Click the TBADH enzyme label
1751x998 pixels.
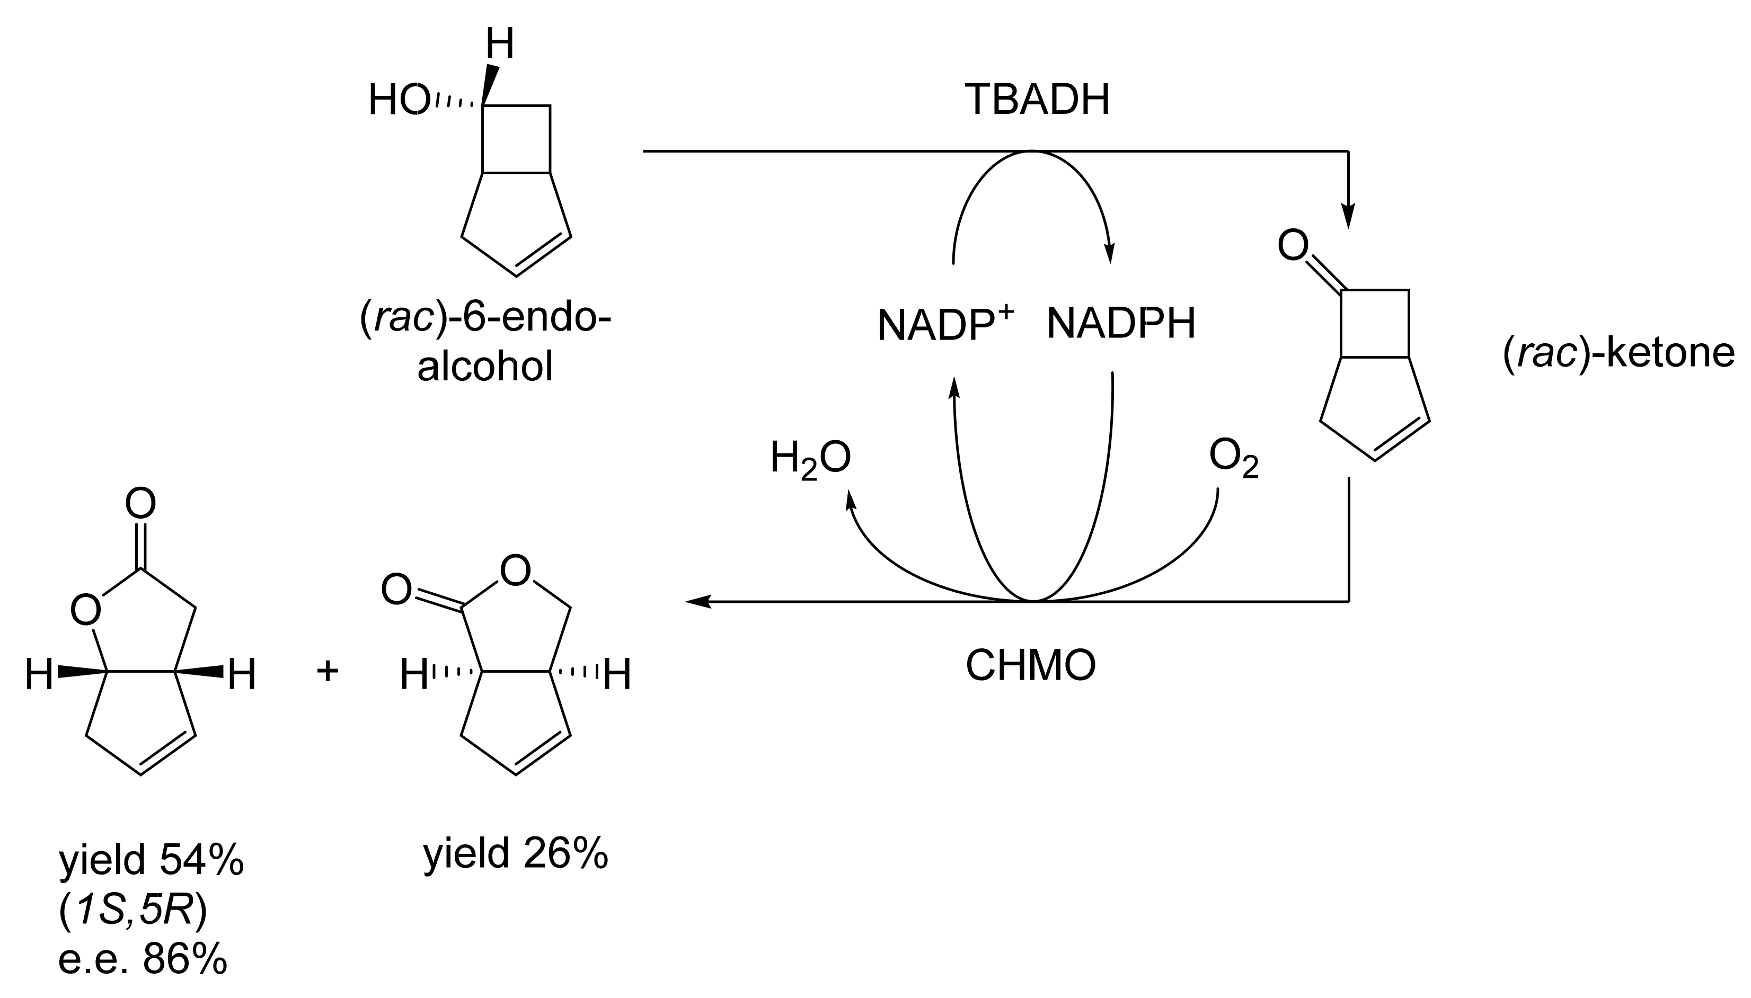[1037, 100]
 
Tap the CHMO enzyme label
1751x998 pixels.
[1030, 665]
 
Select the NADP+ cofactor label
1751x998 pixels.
[945, 324]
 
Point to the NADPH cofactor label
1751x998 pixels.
[1121, 324]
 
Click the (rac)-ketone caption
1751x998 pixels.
[1619, 354]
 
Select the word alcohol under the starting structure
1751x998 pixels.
[485, 367]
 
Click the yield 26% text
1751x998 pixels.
[516, 854]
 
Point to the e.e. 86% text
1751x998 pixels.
[143, 961]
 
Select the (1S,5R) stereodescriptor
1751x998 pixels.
[133, 912]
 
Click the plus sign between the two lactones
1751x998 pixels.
[328, 671]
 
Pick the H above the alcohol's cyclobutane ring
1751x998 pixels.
[500, 45]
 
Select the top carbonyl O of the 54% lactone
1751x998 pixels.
[140, 504]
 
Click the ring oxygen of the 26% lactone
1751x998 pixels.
[516, 571]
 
